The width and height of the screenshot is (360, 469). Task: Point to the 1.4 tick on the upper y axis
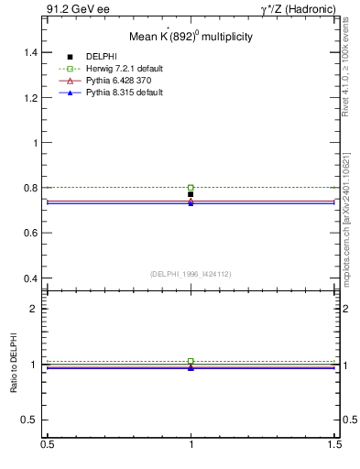click(x=30, y=53)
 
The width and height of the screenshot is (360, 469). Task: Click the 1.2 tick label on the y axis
click(x=30, y=98)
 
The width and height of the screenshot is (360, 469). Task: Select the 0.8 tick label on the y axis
click(x=30, y=188)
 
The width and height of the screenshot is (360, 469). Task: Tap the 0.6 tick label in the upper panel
click(x=30, y=233)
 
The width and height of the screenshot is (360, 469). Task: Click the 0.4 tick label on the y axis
click(x=30, y=278)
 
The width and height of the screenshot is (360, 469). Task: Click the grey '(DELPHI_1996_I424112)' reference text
click(x=191, y=273)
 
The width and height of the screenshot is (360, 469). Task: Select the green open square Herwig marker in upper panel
click(x=191, y=187)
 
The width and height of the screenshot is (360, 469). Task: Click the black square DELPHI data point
click(x=191, y=194)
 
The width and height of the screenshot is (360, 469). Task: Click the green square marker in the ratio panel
click(x=191, y=361)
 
